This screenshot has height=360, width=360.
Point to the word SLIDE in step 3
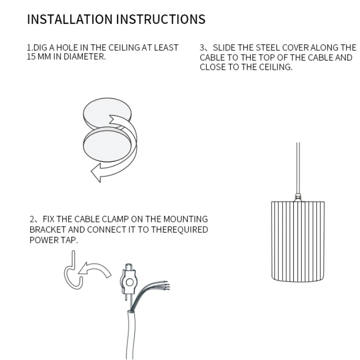224,48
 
